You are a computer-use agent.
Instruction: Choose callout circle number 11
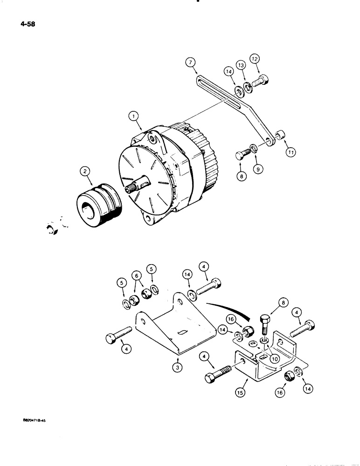[291, 152]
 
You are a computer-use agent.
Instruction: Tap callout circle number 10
[275, 359]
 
